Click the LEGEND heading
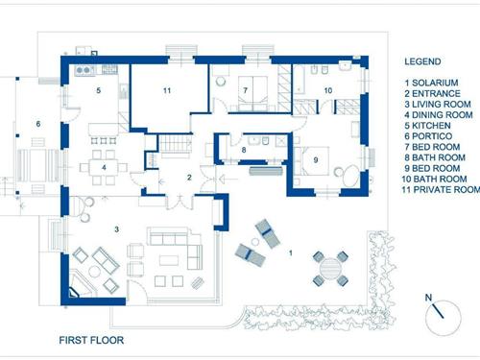tap(422, 61)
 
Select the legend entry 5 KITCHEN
tap(427, 126)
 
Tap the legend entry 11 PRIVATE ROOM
tap(441, 189)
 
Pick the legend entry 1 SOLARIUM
tap(431, 83)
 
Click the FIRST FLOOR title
tap(91, 340)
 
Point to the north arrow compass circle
tap(444, 318)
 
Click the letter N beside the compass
tap(428, 298)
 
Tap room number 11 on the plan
tap(167, 90)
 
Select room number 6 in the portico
tap(38, 124)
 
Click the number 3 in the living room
tap(117, 229)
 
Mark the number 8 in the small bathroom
tap(244, 150)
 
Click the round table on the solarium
tap(330, 268)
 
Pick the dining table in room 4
tap(104, 167)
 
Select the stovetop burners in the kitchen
tap(84, 70)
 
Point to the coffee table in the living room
tap(169, 260)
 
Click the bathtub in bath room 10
tap(299, 80)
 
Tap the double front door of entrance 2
tap(180, 202)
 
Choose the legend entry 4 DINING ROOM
tap(439, 115)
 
